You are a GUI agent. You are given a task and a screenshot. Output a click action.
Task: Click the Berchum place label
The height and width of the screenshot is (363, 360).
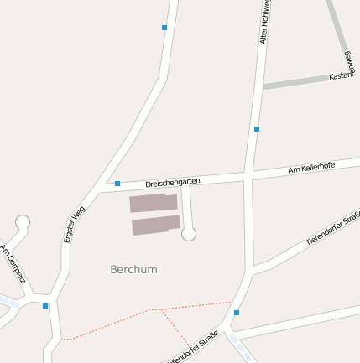click(133, 270)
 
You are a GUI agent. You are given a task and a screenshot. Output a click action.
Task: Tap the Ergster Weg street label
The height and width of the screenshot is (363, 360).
click(74, 225)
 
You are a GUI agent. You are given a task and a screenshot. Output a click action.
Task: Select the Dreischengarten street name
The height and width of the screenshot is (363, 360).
click(172, 181)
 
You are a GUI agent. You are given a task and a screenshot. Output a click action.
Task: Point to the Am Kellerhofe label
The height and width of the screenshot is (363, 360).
click(311, 169)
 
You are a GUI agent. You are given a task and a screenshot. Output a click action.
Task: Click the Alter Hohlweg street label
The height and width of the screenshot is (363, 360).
click(263, 25)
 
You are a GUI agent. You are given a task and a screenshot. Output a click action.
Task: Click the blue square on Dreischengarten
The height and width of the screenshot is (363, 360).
click(117, 184)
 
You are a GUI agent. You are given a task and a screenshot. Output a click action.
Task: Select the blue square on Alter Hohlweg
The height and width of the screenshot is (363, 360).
click(256, 129)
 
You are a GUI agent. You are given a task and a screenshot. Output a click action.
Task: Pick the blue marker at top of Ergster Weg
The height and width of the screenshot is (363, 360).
click(164, 28)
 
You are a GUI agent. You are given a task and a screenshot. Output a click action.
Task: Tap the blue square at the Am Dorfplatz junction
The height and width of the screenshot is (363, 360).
click(45, 306)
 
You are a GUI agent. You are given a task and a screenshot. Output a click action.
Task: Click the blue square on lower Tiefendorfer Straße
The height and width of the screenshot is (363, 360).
click(237, 313)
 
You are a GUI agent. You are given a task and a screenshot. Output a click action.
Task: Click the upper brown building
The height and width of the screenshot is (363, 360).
click(153, 203)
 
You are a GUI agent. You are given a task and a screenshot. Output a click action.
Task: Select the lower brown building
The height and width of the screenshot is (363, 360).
click(156, 225)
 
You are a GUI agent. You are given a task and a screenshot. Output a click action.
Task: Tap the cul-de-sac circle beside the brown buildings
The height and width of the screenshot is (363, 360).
click(189, 234)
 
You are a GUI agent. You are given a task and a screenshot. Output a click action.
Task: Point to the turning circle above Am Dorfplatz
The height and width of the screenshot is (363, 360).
click(23, 222)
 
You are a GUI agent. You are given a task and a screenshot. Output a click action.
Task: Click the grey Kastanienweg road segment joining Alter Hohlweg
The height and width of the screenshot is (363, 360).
click(298, 81)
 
